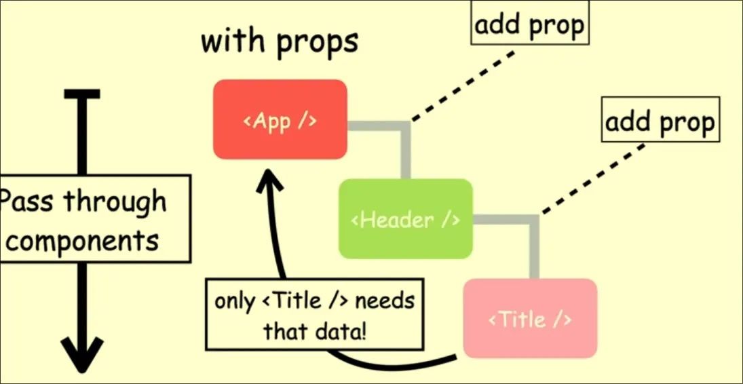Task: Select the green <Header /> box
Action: click(405, 218)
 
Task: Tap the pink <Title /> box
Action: click(530, 318)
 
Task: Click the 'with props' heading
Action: click(279, 41)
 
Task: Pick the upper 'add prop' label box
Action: click(529, 26)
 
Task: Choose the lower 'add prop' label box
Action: click(660, 123)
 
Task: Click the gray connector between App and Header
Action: click(404, 142)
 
